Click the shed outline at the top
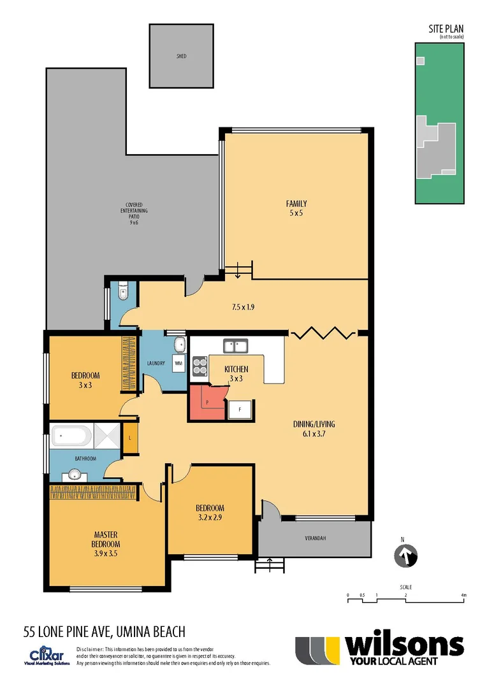coord(182,56)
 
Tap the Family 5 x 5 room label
coord(296,208)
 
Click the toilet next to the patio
coord(122,292)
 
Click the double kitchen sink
coord(235,346)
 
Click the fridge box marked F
coord(240,408)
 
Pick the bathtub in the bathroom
coord(71,437)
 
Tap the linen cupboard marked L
coord(130,439)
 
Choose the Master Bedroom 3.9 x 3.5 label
coord(106,544)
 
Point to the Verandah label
coord(314,539)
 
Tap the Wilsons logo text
coord(403,646)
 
